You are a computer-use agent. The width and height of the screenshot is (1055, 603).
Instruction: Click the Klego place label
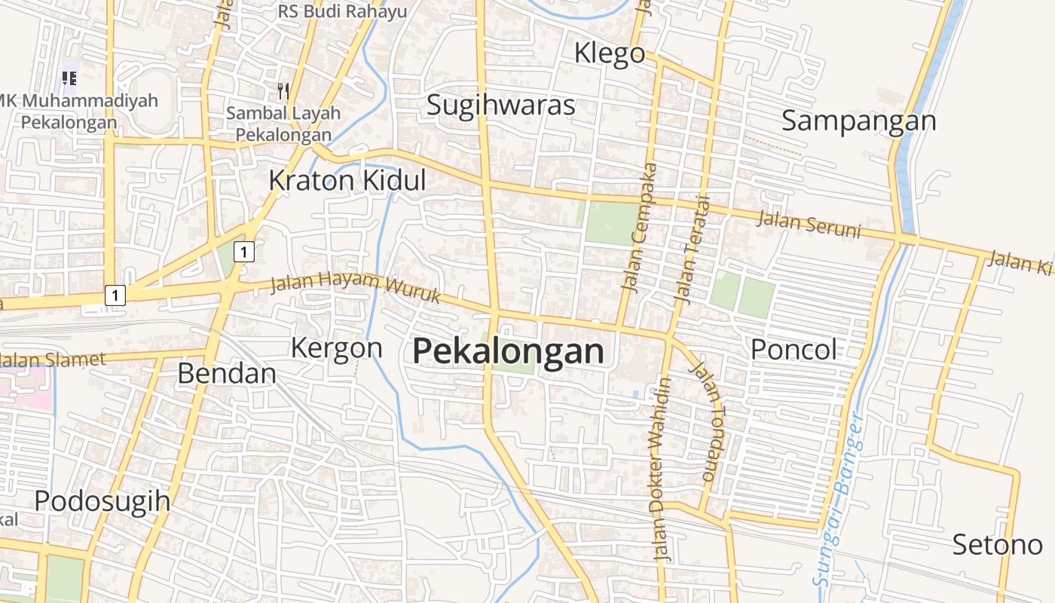click(610, 54)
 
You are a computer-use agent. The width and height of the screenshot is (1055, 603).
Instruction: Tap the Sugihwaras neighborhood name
click(501, 105)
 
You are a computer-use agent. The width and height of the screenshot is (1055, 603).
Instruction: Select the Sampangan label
click(858, 121)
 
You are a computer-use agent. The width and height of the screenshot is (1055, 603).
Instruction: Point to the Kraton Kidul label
click(347, 181)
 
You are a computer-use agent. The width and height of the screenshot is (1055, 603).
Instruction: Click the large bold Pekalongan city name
click(509, 351)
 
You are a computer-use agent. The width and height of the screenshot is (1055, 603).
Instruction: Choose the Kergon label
click(337, 348)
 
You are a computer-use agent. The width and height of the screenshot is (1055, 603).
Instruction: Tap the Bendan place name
click(227, 373)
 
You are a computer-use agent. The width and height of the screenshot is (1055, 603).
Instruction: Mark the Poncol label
click(794, 349)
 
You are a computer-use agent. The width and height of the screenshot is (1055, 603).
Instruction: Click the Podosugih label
click(102, 501)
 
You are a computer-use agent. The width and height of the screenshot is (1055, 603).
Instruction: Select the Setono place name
click(997, 544)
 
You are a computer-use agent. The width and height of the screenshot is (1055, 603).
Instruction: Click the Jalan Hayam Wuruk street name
click(355, 286)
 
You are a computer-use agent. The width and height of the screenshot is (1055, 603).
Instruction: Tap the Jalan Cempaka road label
click(639, 227)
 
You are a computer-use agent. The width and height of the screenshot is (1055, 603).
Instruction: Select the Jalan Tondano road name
click(710, 422)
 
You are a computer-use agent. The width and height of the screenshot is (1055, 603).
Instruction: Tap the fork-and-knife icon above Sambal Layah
click(283, 91)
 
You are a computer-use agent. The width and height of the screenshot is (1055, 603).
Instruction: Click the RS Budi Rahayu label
click(342, 11)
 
